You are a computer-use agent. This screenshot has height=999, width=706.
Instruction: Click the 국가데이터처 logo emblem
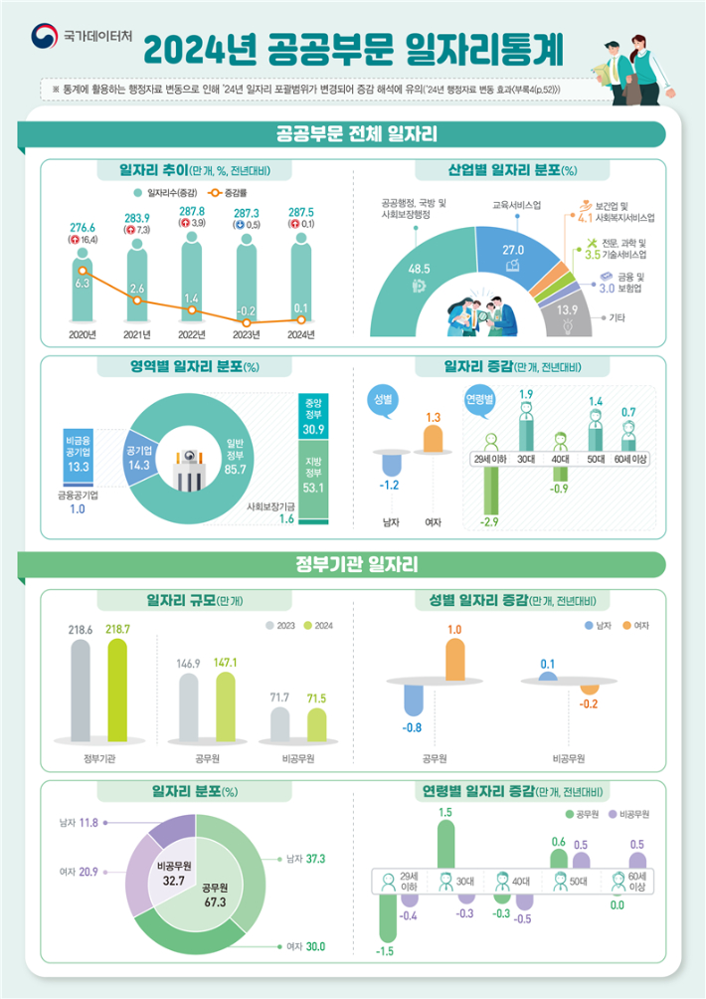click(45, 37)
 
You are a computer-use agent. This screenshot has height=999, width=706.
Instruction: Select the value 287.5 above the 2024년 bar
click(300, 213)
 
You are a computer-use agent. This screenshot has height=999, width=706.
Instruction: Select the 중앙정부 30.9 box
click(314, 420)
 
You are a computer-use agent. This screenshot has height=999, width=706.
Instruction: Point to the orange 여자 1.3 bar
click(433, 439)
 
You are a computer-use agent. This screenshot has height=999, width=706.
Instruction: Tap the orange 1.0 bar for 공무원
click(454, 658)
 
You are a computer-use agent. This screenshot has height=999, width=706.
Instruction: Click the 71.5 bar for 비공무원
click(316, 723)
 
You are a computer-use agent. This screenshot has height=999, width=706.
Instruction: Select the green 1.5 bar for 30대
click(445, 845)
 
